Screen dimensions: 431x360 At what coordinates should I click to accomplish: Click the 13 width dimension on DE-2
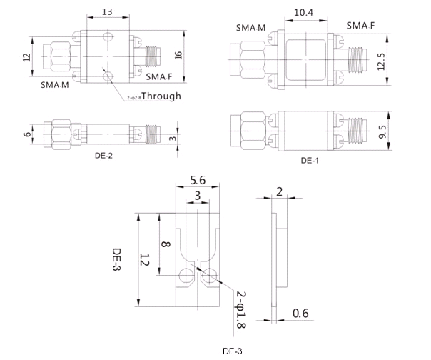point(107,12)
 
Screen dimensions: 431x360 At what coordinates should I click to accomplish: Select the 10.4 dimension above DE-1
point(303,13)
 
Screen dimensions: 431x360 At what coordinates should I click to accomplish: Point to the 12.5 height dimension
point(382,61)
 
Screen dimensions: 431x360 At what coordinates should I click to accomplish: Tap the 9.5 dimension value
point(382,131)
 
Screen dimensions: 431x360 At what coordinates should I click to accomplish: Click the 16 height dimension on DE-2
point(178,55)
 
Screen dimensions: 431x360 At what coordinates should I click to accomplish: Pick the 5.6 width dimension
point(198,180)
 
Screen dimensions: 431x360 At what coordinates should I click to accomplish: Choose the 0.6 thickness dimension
point(300,313)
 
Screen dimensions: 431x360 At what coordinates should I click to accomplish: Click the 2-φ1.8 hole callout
point(241,310)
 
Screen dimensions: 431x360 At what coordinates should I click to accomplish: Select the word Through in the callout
point(161,96)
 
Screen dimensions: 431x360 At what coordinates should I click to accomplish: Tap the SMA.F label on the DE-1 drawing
point(360,26)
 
